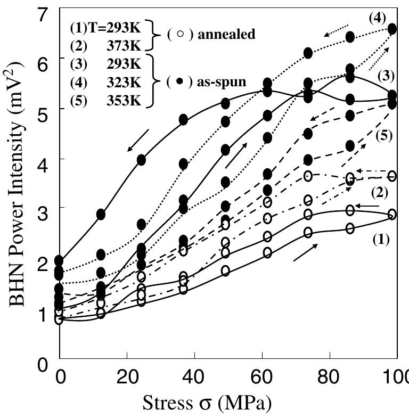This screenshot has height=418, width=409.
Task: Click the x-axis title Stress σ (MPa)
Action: tap(207, 403)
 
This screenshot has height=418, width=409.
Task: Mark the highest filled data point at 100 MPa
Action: tap(392, 29)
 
